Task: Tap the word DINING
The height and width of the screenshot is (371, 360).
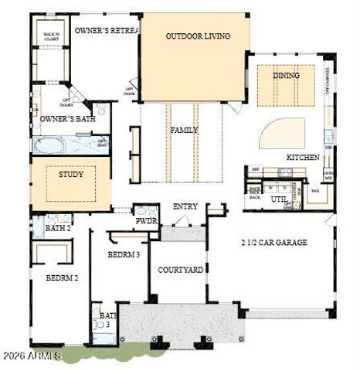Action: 286,76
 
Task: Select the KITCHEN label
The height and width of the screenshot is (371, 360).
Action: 303,157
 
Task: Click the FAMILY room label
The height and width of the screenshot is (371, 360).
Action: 184,131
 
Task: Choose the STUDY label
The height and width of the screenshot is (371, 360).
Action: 71,175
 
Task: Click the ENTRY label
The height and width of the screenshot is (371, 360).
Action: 185,206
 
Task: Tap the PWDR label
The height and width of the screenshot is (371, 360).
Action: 146,220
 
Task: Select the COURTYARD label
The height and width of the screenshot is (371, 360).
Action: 180,270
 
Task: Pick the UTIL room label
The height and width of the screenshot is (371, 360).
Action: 279,199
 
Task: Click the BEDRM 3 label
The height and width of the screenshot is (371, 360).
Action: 124,255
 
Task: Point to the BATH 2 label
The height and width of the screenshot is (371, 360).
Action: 58,229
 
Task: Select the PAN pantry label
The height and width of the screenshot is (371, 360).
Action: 315,190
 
